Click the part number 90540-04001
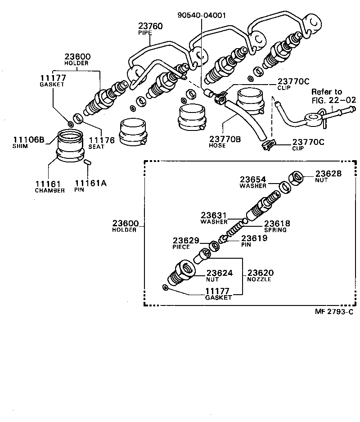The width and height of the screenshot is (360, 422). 201,15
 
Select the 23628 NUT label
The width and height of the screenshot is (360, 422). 328,176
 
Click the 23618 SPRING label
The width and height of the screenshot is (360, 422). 276,226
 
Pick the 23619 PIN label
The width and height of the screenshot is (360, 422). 255,241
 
